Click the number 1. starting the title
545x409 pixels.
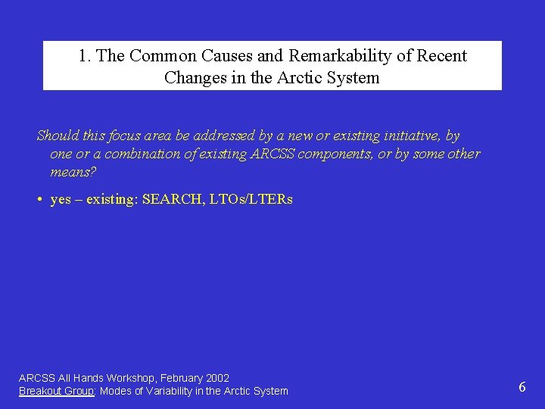(85, 56)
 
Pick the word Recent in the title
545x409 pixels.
(442, 56)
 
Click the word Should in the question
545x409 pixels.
(58, 136)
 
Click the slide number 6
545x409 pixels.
(522, 388)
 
